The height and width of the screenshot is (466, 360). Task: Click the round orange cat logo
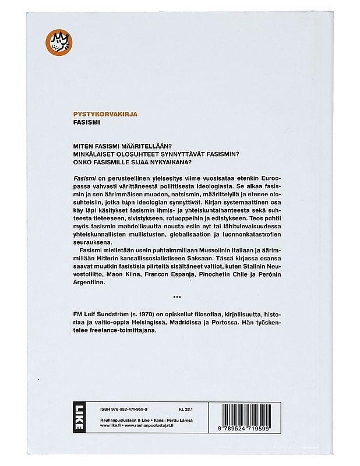[x=57, y=43]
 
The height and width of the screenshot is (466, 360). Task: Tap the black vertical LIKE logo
[x=78, y=417]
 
